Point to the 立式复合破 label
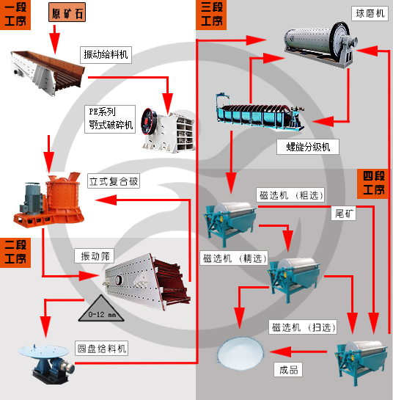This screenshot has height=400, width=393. coord(113,181)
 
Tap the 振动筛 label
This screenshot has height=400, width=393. coord(95,256)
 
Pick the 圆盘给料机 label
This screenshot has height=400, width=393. coord(101,349)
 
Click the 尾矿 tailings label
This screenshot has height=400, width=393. coord(344,214)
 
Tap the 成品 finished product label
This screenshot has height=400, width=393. coord(288,370)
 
